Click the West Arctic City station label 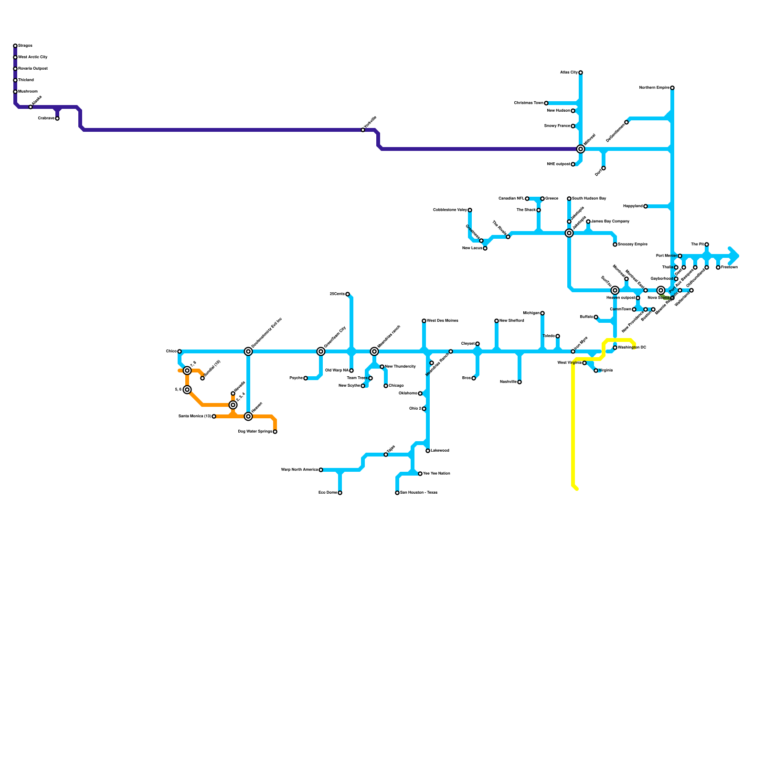[32, 57]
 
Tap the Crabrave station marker [57, 118]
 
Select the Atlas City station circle [581, 73]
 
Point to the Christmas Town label [529, 103]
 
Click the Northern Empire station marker [672, 88]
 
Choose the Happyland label [633, 206]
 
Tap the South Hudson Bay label [589, 199]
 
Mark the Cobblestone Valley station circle [470, 210]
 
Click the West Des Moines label [443, 321]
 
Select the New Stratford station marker [497, 321]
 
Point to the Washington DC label [632, 348]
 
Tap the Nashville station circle [520, 382]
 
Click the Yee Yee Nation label [436, 474]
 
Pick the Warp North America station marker [321, 470]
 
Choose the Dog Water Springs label [255, 432]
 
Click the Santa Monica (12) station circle [214, 416]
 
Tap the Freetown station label [730, 267]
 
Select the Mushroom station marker [15, 92]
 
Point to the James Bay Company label [610, 222]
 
